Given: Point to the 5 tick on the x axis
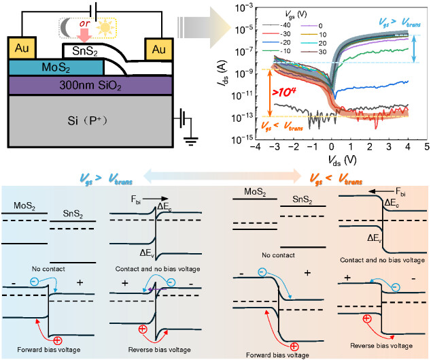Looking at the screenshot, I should [426, 147].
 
